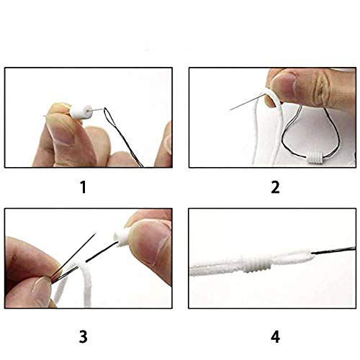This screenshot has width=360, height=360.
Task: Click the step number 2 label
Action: pyautogui.click(x=274, y=189)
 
